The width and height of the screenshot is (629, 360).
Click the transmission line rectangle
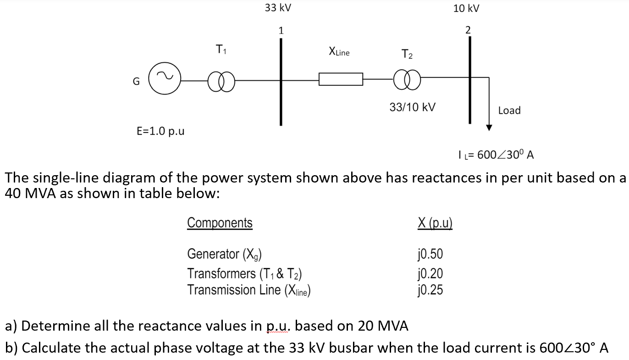pos(341,73)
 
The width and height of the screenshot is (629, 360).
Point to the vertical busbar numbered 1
pos(281,82)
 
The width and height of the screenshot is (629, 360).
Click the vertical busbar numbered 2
pos(470,80)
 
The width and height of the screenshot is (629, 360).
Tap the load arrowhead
pos(489,128)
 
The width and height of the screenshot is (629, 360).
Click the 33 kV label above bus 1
pos(278,8)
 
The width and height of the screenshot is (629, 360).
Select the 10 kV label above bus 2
pos(466,8)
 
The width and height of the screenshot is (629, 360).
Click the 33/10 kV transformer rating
pos(412,107)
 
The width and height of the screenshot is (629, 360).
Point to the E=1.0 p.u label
pos(160,131)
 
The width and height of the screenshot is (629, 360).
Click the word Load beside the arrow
pos(509,111)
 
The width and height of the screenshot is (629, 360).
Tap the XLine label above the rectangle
pos(339,52)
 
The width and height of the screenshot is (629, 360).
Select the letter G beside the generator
pos(136,82)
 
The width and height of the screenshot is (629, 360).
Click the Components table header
pos(220,223)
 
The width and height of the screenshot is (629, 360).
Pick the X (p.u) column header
pos(435,223)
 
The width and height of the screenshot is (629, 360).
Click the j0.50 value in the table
pos(430,254)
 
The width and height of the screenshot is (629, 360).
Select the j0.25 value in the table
pos(430,290)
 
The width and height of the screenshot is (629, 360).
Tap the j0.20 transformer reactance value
pos(430,273)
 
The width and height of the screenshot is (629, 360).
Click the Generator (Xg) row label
pos(224,254)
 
